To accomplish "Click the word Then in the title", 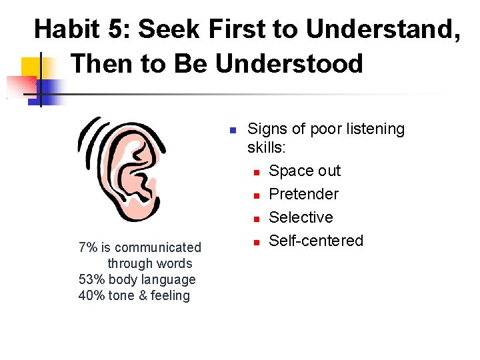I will point(100,63).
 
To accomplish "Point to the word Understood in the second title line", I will point(289,63).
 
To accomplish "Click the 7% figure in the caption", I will point(88,248).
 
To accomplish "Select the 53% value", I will point(91,280).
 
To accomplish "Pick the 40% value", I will point(91,296).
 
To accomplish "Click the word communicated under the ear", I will point(157,248).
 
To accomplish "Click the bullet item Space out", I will point(304,171).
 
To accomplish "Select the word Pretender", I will point(303,195).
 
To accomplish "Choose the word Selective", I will point(301,218).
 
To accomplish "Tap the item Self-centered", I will point(316,241).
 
